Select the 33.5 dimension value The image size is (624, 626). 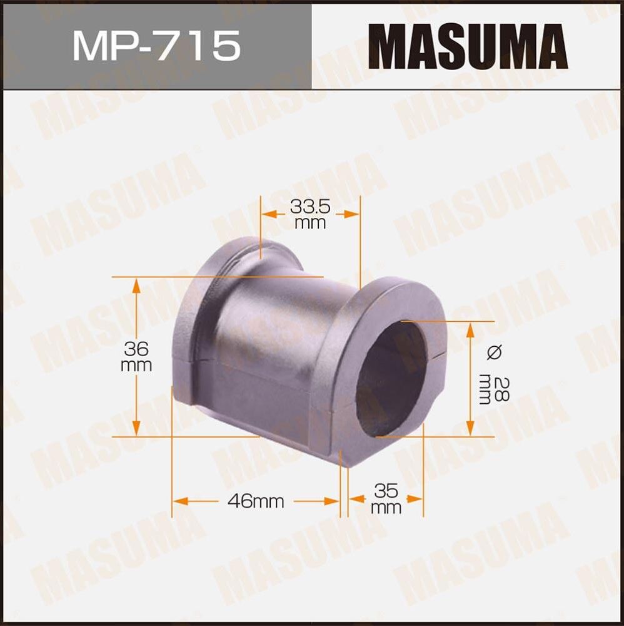point(310,205)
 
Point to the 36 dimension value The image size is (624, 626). point(137,349)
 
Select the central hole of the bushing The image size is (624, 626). point(391,379)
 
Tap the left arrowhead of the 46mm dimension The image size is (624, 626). point(179,501)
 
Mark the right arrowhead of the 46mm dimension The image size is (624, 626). point(332,501)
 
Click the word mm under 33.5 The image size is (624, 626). point(310,222)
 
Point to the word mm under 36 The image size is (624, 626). point(136,366)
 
